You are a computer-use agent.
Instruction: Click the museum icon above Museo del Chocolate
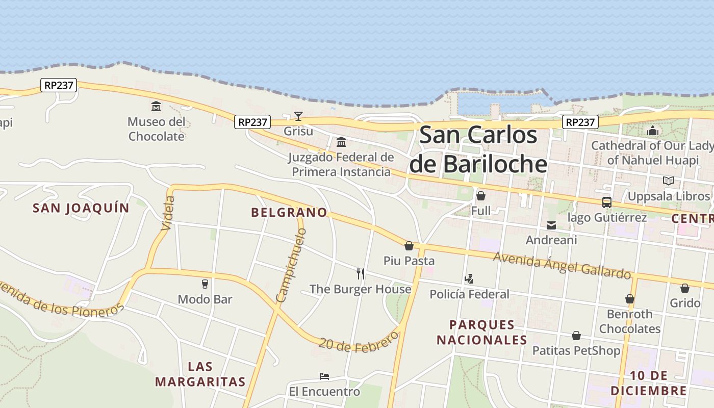point(156,106)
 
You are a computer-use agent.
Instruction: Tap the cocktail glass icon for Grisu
point(298,116)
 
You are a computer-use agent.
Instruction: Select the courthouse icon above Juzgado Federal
point(341,142)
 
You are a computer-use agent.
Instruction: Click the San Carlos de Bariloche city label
point(478,150)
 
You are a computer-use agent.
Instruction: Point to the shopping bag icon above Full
point(480,196)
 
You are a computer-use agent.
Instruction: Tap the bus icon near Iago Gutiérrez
point(607,202)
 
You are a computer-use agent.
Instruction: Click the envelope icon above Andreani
point(551,225)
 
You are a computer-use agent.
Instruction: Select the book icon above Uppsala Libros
point(668,181)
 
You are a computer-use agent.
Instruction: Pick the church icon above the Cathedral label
point(653,131)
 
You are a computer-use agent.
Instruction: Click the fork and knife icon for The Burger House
point(361,274)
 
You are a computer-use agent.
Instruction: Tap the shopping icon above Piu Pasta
point(409,246)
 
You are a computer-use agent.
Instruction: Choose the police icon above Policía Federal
point(469,279)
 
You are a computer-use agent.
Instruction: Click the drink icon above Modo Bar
point(205,284)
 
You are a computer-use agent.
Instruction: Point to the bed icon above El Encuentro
point(324,377)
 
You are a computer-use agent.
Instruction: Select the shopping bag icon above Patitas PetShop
point(576,336)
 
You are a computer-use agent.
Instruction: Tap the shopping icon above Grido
point(685,289)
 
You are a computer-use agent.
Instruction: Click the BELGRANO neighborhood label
point(289,212)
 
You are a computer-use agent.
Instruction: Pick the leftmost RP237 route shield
point(59,85)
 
